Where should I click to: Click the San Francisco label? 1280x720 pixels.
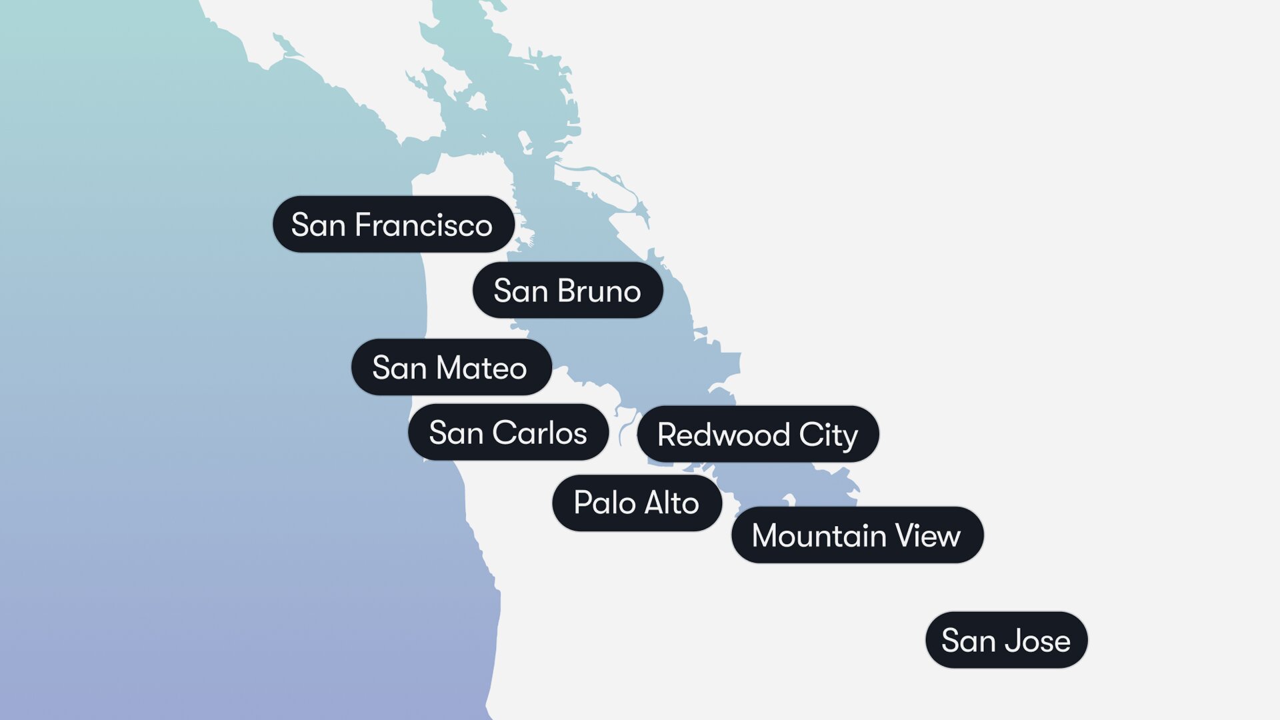(x=393, y=225)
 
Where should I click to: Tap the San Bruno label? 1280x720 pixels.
(x=567, y=291)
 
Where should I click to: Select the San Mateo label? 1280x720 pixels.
(x=451, y=367)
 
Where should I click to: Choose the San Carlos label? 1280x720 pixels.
(x=508, y=433)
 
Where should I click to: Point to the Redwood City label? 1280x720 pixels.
(x=758, y=435)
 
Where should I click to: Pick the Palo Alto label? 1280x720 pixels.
(x=637, y=503)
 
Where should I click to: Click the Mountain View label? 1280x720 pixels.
(x=857, y=535)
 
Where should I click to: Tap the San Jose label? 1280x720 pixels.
(x=1006, y=641)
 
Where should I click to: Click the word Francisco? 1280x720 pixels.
(x=424, y=225)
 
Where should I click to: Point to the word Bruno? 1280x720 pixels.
(x=599, y=291)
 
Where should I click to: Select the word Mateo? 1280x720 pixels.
(x=481, y=367)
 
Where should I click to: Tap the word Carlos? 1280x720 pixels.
(x=540, y=433)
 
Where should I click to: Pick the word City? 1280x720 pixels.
(x=829, y=435)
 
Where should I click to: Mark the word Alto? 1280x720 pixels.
(x=671, y=503)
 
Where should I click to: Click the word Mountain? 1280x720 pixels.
(x=819, y=535)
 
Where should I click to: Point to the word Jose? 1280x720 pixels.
(x=1037, y=641)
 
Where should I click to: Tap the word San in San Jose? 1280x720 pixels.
(x=969, y=641)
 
